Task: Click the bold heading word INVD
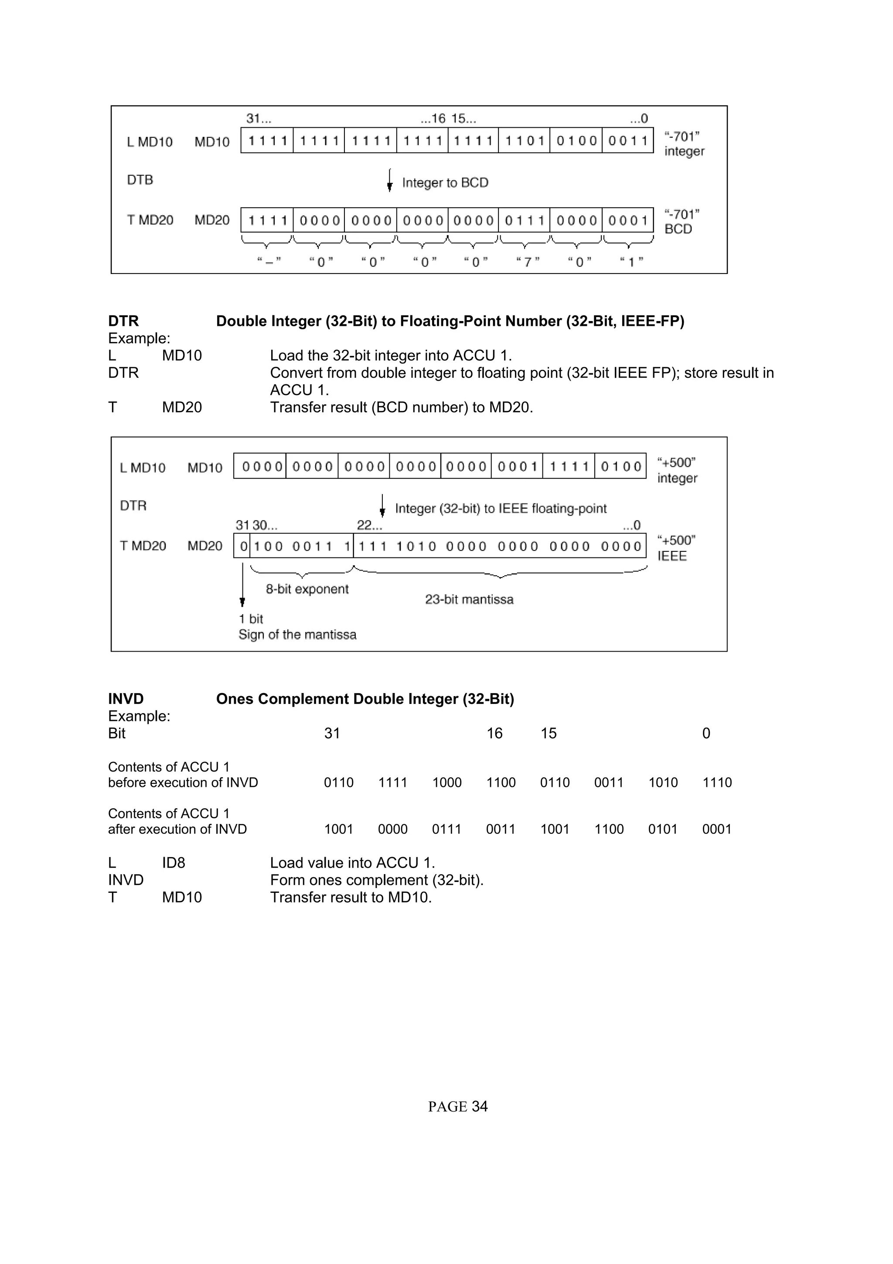click(x=126, y=699)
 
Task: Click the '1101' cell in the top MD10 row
click(x=524, y=141)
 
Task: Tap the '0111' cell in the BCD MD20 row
click(x=524, y=221)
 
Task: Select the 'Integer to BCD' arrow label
click(x=445, y=183)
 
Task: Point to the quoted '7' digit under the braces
click(x=527, y=262)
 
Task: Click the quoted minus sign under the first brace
click(x=269, y=262)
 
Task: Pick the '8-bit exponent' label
click(x=307, y=589)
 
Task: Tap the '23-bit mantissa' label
click(x=469, y=600)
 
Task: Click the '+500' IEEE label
click(x=676, y=548)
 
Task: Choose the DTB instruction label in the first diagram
click(x=140, y=180)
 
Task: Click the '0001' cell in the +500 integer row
click(x=517, y=467)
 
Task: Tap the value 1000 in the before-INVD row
click(x=446, y=782)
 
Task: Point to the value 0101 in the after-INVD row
click(x=662, y=829)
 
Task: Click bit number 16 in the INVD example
click(x=494, y=733)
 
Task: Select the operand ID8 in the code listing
click(x=173, y=863)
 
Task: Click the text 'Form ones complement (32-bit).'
click(x=376, y=880)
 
